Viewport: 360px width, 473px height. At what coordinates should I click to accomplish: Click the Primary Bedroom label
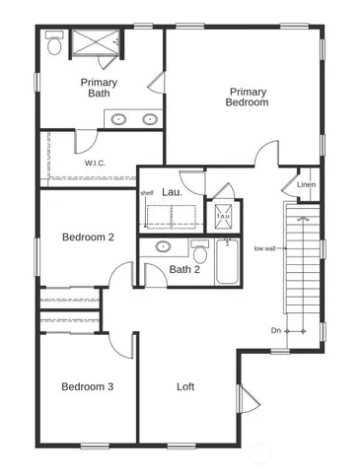pyautogui.click(x=246, y=97)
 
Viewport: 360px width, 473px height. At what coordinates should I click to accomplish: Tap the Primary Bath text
pyautogui.click(x=99, y=88)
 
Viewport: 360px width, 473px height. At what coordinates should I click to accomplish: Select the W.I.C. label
pyautogui.click(x=95, y=163)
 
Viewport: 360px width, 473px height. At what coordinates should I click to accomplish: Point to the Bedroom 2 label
pyautogui.click(x=88, y=236)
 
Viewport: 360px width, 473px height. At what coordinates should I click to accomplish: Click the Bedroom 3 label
pyautogui.click(x=87, y=386)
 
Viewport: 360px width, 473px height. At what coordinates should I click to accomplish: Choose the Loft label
pyautogui.click(x=186, y=386)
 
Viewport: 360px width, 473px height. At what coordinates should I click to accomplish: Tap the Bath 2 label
pyautogui.click(x=184, y=269)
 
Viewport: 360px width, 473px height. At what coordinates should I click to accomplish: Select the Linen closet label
pyautogui.click(x=306, y=184)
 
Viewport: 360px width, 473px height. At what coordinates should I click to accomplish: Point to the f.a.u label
pyautogui.click(x=223, y=215)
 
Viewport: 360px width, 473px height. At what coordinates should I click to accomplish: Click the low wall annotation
pyautogui.click(x=264, y=248)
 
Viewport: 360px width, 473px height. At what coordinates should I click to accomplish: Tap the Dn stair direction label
pyautogui.click(x=276, y=330)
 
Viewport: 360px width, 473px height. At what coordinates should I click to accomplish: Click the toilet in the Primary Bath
pyautogui.click(x=55, y=43)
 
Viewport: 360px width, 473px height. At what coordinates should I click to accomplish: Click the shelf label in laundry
pyautogui.click(x=147, y=192)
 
